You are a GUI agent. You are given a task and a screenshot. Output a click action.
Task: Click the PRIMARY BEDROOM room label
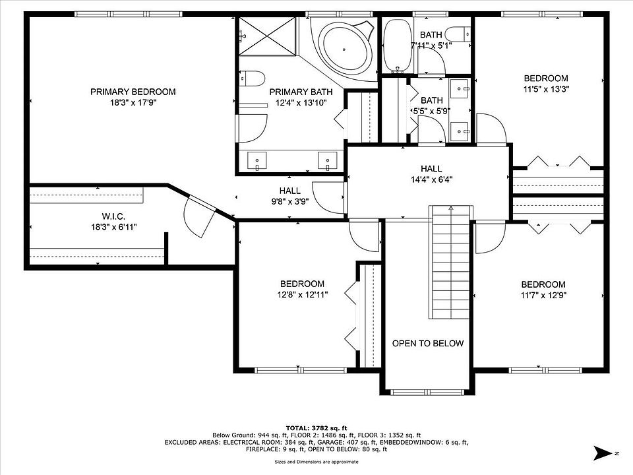tap(133, 92)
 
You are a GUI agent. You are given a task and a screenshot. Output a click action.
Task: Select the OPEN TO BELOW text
tap(428, 343)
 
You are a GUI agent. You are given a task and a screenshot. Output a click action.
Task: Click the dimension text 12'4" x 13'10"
tap(301, 103)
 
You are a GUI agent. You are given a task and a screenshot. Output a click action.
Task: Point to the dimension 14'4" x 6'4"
tap(431, 179)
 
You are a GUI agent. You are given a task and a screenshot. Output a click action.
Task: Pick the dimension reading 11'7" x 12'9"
tap(543, 296)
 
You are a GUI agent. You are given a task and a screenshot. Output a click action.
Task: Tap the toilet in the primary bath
tap(252, 79)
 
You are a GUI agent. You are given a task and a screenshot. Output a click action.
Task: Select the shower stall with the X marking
tap(268, 36)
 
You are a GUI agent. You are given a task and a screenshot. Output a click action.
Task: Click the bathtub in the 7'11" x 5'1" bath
tap(397, 46)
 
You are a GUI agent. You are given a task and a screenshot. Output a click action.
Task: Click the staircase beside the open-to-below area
tap(450, 262)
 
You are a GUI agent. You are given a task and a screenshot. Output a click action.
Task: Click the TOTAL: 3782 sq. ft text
tap(316, 428)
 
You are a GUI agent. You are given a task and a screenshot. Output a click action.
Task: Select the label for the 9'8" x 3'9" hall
tap(290, 190)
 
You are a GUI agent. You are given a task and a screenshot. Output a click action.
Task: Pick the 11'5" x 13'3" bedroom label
tap(546, 79)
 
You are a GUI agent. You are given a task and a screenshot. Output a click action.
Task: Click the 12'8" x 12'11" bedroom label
tap(303, 284)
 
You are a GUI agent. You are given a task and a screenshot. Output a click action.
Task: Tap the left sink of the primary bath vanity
tap(256, 161)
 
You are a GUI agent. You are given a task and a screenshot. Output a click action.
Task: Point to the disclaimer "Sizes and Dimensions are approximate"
tap(316, 462)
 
